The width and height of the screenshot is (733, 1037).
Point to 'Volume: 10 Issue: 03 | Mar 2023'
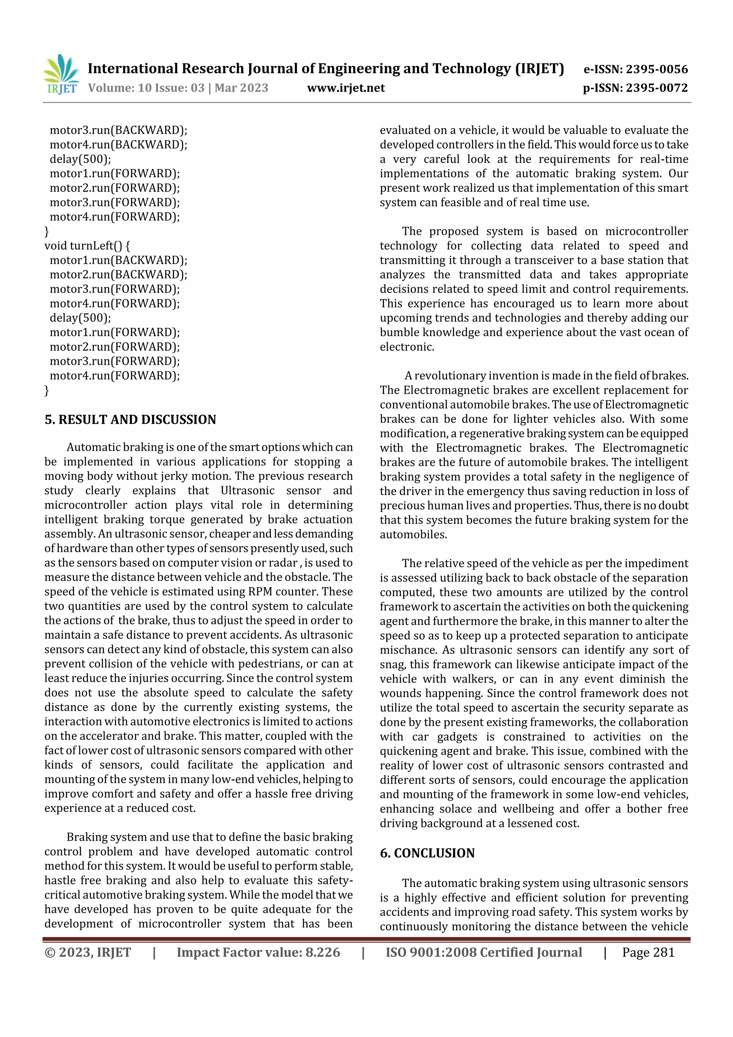coord(178,88)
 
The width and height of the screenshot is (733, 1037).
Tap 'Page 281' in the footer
coord(648,952)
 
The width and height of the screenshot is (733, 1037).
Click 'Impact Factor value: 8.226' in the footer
coord(258,952)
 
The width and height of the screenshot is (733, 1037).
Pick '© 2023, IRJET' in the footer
coord(88,952)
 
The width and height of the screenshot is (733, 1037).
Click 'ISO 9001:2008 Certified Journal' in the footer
coord(483,952)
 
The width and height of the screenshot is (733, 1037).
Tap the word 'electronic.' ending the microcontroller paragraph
coord(407,347)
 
